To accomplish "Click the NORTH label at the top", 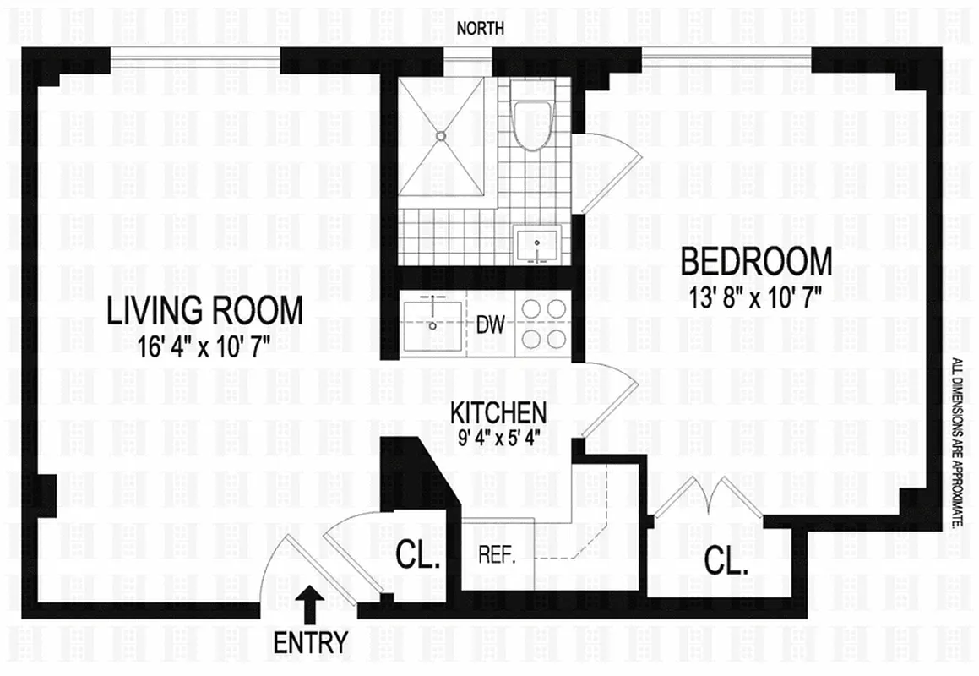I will (480, 28).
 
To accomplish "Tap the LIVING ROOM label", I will (204, 311).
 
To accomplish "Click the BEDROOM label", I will (756, 262).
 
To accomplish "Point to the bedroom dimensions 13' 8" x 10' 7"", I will (756, 295).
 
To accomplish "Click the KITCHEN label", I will (498, 413).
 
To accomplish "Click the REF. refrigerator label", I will (497, 557).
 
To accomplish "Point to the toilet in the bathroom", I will (532, 123).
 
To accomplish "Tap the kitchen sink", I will (432, 323).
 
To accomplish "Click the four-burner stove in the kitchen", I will (543, 324).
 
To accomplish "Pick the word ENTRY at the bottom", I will (310, 643).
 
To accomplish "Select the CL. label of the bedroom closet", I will (727, 563).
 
